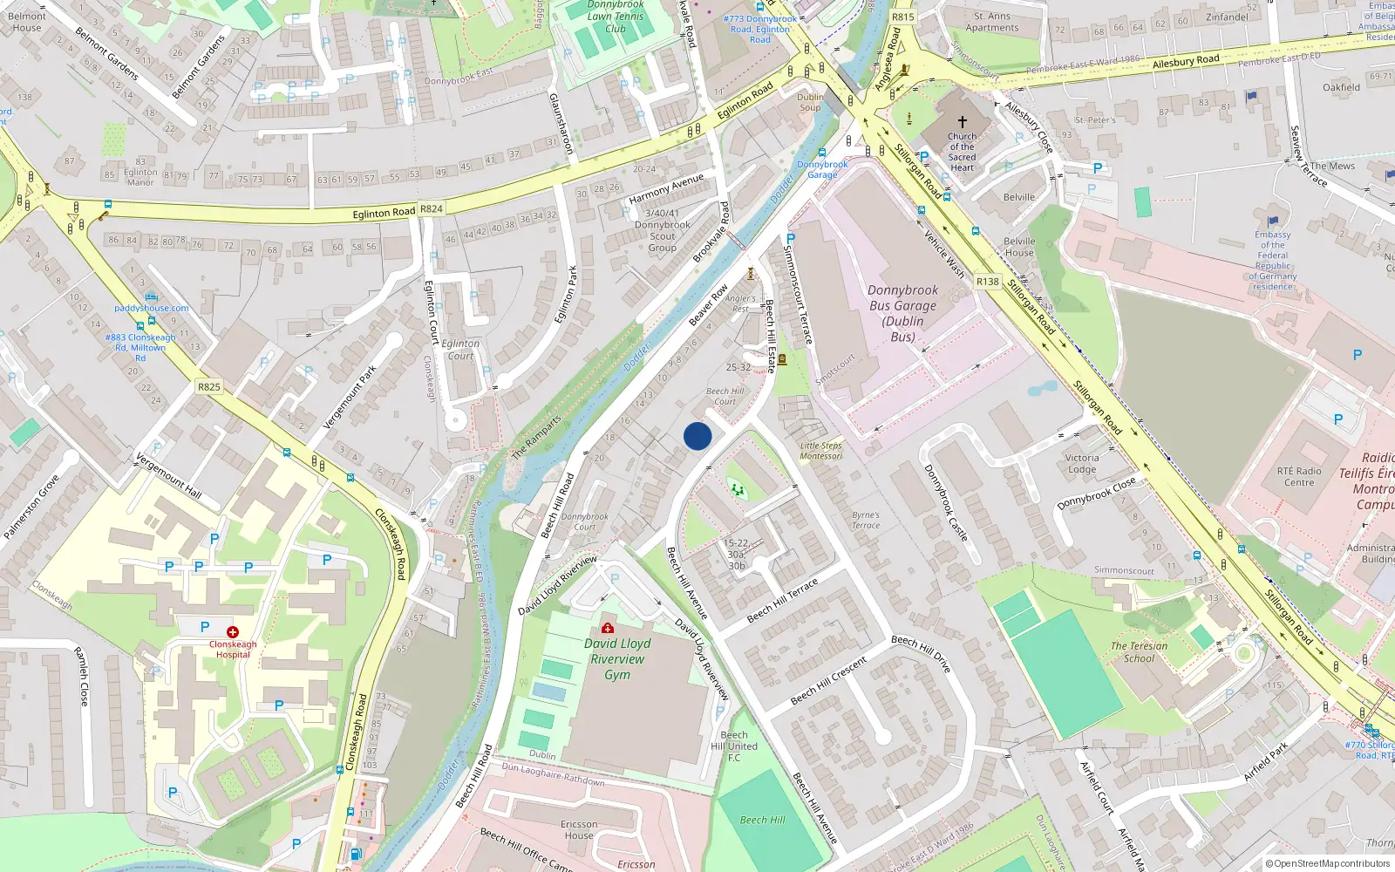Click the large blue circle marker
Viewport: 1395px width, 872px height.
pyautogui.click(x=697, y=436)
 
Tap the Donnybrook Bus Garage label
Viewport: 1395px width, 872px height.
pyautogui.click(x=903, y=313)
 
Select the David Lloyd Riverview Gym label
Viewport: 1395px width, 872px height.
pyautogui.click(x=617, y=658)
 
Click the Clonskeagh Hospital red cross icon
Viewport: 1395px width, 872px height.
pyautogui.click(x=233, y=631)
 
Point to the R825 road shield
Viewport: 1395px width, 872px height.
pyautogui.click(x=209, y=387)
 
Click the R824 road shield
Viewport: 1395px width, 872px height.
pyautogui.click(x=432, y=209)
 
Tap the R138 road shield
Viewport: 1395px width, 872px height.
pyautogui.click(x=988, y=282)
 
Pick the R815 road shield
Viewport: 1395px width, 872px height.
pyautogui.click(x=903, y=17)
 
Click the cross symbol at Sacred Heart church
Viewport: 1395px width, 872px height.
pyautogui.click(x=963, y=122)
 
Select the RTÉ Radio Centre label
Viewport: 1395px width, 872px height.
pyautogui.click(x=1299, y=477)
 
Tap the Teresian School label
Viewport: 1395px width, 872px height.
pyautogui.click(x=1139, y=652)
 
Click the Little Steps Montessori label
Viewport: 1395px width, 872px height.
pyautogui.click(x=821, y=451)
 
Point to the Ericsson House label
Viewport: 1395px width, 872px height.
pyautogui.click(x=579, y=829)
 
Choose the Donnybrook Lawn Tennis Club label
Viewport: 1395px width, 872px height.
pyautogui.click(x=616, y=17)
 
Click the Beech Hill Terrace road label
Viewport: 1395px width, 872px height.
pyautogui.click(x=783, y=601)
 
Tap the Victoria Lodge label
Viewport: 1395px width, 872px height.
pyautogui.click(x=1082, y=463)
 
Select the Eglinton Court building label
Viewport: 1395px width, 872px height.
pyautogui.click(x=460, y=350)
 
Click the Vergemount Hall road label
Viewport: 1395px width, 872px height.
pyautogui.click(x=169, y=476)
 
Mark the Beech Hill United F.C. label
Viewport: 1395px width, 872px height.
pyautogui.click(x=734, y=746)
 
